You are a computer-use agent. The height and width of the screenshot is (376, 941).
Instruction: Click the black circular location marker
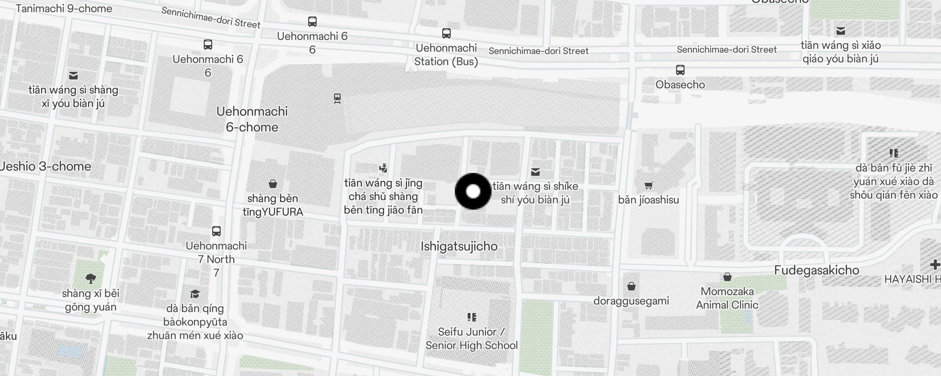pyautogui.click(x=473, y=191)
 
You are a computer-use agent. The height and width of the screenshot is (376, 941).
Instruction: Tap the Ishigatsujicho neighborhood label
pyautogui.click(x=459, y=246)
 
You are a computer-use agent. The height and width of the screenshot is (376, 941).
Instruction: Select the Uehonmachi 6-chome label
pyautogui.click(x=252, y=119)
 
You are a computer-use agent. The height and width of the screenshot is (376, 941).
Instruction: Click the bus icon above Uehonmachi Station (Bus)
pyautogui.click(x=447, y=33)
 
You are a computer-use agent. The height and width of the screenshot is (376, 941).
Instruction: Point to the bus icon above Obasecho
pyautogui.click(x=680, y=70)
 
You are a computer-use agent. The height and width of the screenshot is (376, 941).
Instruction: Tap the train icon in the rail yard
pyautogui.click(x=337, y=98)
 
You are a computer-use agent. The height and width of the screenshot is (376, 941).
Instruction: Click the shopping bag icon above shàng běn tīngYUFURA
pyautogui.click(x=273, y=183)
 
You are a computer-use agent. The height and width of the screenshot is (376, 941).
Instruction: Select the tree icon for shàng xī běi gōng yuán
pyautogui.click(x=91, y=279)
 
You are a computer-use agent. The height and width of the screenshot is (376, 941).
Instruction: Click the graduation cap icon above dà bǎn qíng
pyautogui.click(x=195, y=294)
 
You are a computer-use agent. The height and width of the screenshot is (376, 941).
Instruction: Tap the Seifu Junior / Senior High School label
pyautogui.click(x=471, y=338)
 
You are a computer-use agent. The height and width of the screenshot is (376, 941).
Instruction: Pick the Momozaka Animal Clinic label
pyautogui.click(x=727, y=298)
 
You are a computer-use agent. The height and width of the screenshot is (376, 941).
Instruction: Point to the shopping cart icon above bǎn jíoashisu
pyautogui.click(x=649, y=185)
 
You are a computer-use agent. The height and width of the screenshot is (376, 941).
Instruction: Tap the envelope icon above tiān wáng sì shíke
pyautogui.click(x=535, y=172)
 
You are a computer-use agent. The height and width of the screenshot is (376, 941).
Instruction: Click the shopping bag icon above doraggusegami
pyautogui.click(x=631, y=286)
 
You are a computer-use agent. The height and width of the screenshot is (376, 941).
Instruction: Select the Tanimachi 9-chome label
pyautogui.click(x=64, y=8)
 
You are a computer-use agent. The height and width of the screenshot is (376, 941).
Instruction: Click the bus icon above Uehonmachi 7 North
pyautogui.click(x=216, y=231)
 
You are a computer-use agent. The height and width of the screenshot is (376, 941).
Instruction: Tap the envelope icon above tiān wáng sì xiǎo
pyautogui.click(x=841, y=31)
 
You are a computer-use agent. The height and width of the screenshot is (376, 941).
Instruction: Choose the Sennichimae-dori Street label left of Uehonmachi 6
pyautogui.click(x=211, y=18)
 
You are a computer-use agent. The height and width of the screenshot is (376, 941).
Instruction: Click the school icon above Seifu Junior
pyautogui.click(x=472, y=317)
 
